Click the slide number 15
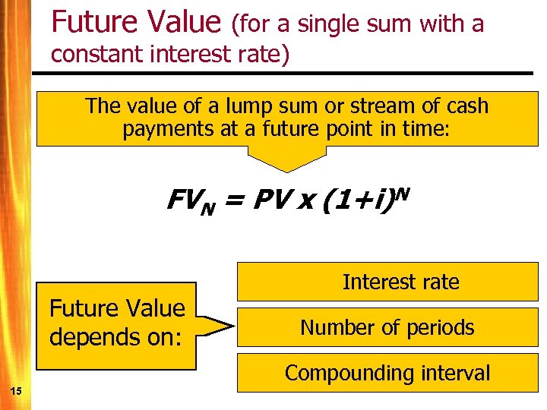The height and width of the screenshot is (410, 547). [x=16, y=390]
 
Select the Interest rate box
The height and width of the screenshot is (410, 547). [x=388, y=282]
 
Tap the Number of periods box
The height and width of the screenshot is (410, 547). [x=388, y=327]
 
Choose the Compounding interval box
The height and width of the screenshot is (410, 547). [x=388, y=373]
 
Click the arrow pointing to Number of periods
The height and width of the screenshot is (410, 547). [x=217, y=327]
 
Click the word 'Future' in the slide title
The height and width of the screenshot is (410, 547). [x=91, y=22]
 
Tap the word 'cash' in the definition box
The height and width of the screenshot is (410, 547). [x=466, y=106]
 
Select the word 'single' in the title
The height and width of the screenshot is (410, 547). [x=331, y=24]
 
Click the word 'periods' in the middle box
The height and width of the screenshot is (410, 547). [x=439, y=327]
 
